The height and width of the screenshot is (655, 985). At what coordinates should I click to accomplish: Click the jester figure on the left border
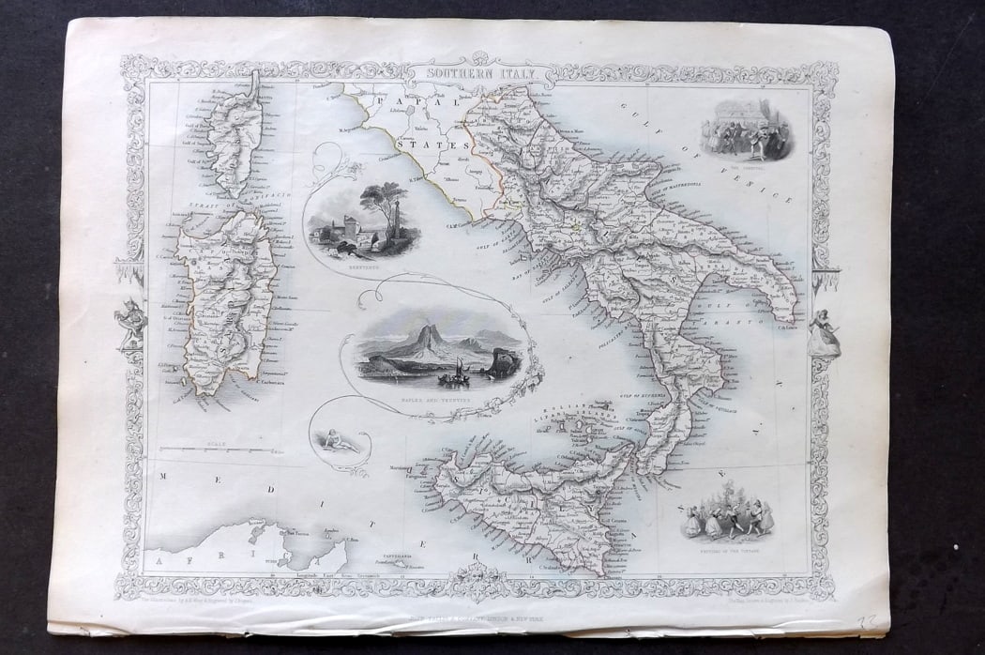131,324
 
